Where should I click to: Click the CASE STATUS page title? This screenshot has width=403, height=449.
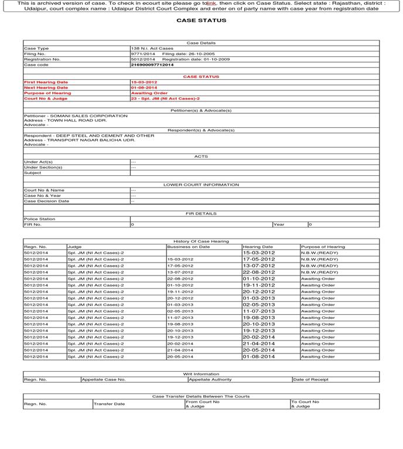coord(201,21)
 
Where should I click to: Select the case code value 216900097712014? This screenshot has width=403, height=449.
coord(152,65)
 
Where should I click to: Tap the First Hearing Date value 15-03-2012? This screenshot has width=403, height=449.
coord(144,83)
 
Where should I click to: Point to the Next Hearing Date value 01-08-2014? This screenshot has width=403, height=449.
coord(144,88)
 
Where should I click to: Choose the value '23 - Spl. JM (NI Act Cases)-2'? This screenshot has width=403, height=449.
coord(165,98)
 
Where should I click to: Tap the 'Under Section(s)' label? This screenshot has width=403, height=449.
coord(43,168)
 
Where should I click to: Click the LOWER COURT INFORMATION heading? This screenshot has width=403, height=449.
coord(201,185)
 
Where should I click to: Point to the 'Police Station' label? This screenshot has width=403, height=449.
coord(39,219)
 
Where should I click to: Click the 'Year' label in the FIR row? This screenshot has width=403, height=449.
coord(278,224)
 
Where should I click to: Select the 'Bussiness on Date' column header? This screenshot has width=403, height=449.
coord(188,247)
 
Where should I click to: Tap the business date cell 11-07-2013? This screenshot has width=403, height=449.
coord(180,318)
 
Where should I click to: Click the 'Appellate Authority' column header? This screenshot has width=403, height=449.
coord(210,379)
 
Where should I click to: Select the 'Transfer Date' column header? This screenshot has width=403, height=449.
coord(110,404)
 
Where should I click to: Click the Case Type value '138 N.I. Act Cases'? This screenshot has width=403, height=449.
coord(152,49)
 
